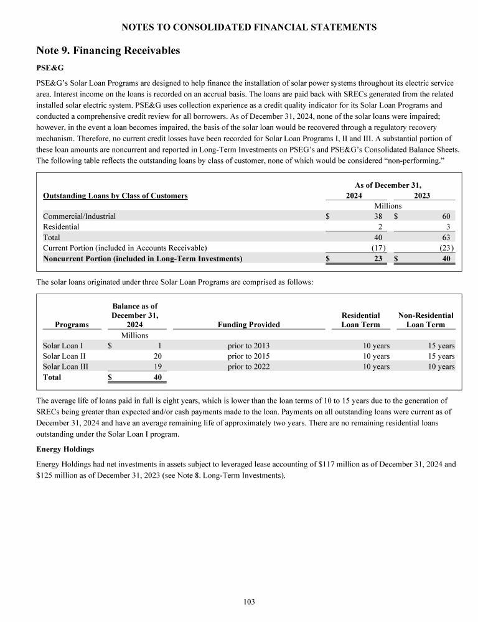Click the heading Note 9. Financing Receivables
coord(108,50)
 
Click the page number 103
coord(249,601)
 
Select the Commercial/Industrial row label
coord(79,216)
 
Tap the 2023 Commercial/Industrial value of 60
coord(445,216)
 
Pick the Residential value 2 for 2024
coord(379,227)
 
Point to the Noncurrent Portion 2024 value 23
coord(378,258)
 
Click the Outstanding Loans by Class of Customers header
coord(115,195)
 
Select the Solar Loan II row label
coord(65,356)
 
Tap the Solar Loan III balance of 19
coord(157,367)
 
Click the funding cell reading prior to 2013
coord(248,346)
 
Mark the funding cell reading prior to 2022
coord(248,367)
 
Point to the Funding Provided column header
coord(249,324)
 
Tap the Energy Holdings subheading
coord(65,448)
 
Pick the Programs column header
coord(72,324)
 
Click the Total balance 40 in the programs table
coord(157,378)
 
